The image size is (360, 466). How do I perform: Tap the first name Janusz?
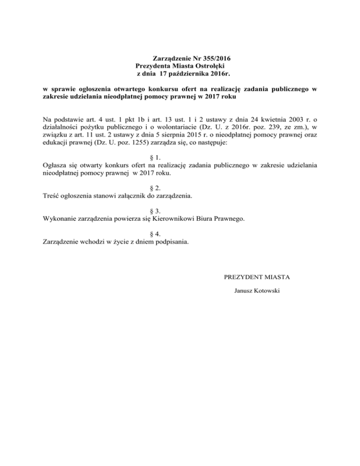(x=242, y=292)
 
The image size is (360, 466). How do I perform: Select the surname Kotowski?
(x=267, y=292)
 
